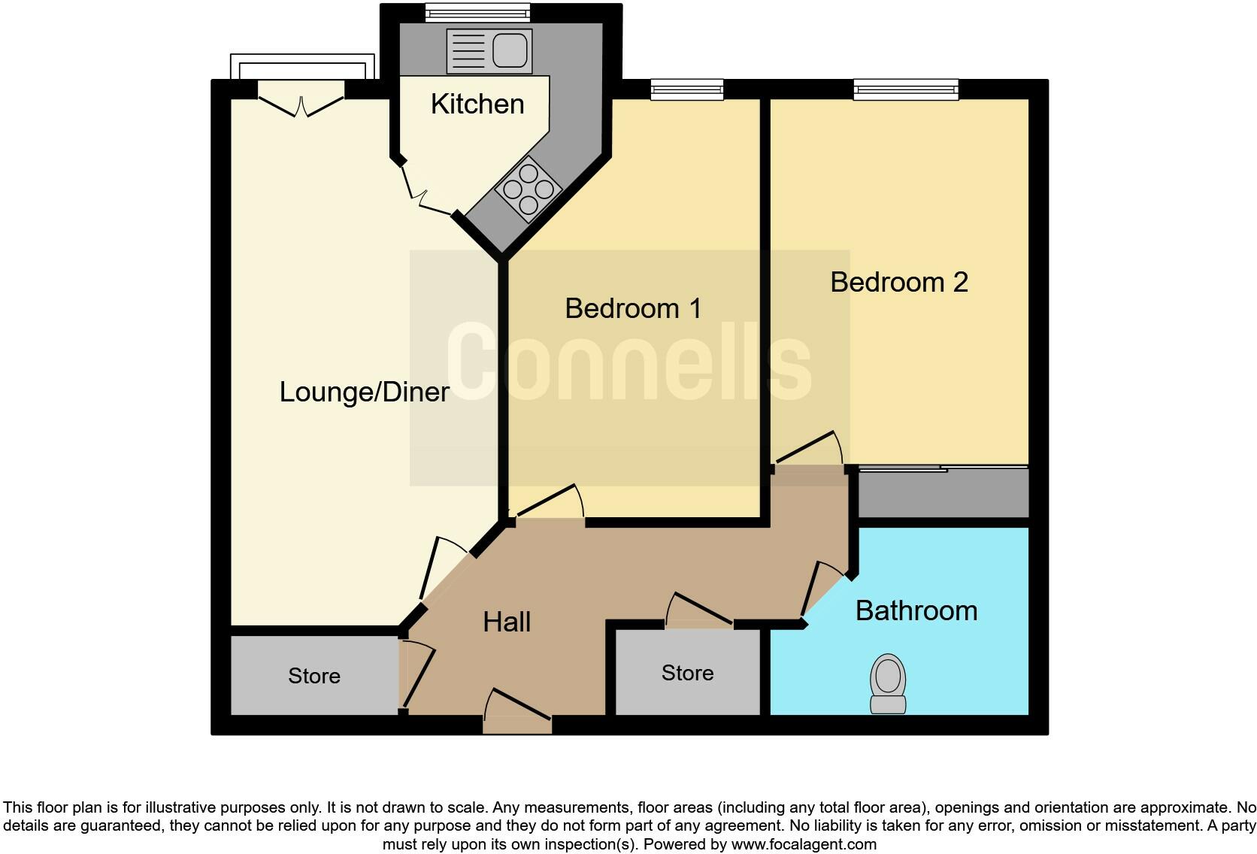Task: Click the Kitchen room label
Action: (x=477, y=104)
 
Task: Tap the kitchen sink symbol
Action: (x=489, y=51)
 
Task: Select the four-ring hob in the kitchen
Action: (x=529, y=189)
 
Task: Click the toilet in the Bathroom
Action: (x=888, y=683)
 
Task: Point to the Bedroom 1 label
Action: (x=633, y=308)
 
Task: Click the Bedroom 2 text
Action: (x=899, y=282)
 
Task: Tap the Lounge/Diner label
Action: (x=365, y=392)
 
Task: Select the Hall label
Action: (x=507, y=622)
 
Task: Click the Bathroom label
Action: (x=916, y=610)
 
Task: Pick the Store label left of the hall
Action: (x=314, y=676)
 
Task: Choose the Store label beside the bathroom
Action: (x=687, y=673)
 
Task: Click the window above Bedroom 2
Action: (x=906, y=89)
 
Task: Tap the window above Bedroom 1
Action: (x=687, y=89)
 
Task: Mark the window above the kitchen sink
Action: (x=477, y=11)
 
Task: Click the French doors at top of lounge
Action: (x=301, y=105)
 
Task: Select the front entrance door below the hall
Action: (x=517, y=714)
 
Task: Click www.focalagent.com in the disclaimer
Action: (x=804, y=844)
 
